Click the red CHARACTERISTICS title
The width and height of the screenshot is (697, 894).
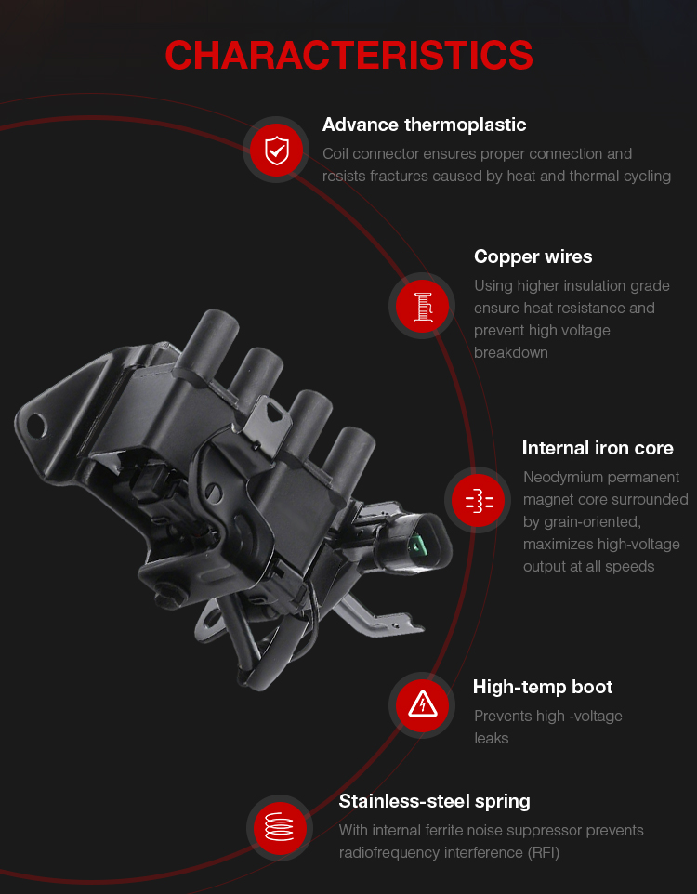pos(348,56)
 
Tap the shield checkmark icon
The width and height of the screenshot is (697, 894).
pos(277,151)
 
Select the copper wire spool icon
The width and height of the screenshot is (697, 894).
pos(423,307)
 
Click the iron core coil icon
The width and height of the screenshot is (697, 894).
pos(480,501)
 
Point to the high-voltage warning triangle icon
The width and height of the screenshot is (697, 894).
pos(423,704)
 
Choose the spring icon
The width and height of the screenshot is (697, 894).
pos(279,827)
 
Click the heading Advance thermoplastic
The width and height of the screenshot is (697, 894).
pos(424,125)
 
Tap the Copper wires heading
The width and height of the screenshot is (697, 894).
pos(533,256)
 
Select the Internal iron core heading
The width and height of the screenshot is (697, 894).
pos(598,448)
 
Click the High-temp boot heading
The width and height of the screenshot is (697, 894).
pos(543,687)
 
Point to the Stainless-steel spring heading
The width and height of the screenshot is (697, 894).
pos(434,802)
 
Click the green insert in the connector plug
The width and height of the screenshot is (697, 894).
pos(418,547)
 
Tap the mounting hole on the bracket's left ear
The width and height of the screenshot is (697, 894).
pos(34,425)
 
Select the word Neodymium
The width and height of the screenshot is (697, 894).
pos(559,478)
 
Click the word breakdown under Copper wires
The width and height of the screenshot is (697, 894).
pos(510,353)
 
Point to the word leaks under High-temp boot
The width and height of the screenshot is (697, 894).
pos(491,739)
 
